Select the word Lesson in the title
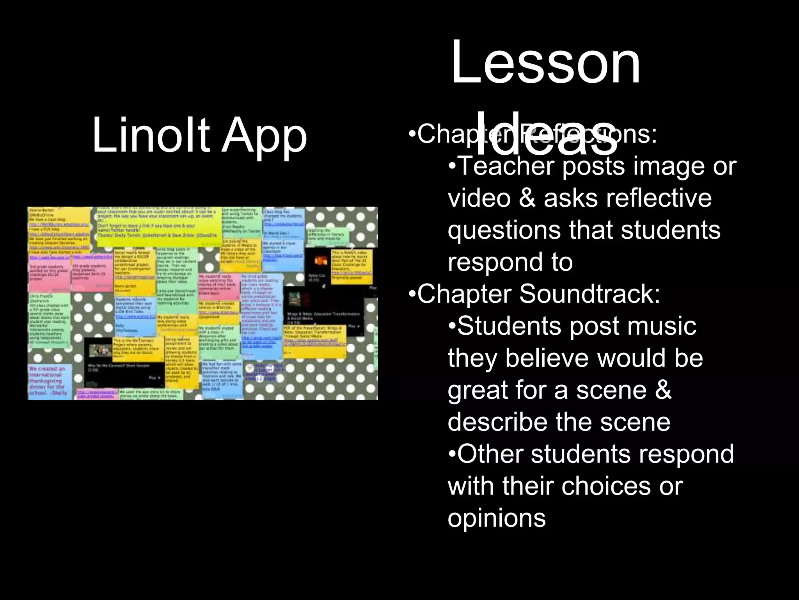[545, 63]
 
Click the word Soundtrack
[589, 294]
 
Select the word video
[479, 198]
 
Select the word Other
[490, 454]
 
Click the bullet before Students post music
[452, 326]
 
